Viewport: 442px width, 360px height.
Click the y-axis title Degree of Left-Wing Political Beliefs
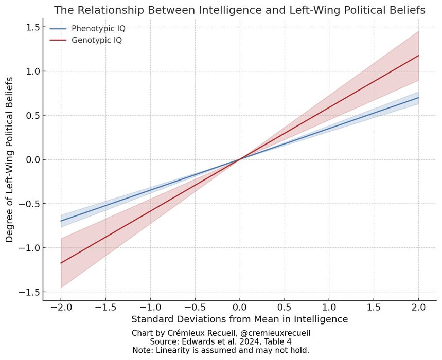click(x=10, y=159)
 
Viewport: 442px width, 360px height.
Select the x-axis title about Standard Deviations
click(x=240, y=319)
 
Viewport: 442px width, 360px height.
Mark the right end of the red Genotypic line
click(x=419, y=56)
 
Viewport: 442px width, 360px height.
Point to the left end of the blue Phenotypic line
click(x=61, y=221)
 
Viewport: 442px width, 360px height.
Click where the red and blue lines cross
click(x=240, y=159)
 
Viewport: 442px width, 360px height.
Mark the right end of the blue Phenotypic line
click(x=419, y=98)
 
